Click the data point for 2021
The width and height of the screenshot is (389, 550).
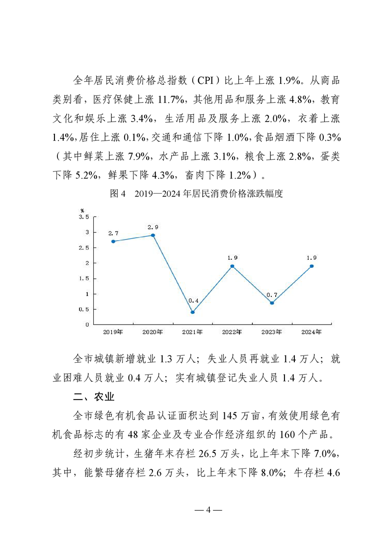[192, 312]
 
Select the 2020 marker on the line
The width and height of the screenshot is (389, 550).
[153, 235]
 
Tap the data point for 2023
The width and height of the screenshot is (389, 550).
[272, 303]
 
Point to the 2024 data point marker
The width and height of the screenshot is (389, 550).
[311, 266]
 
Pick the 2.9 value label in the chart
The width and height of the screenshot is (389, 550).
[153, 227]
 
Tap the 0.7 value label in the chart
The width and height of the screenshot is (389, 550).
[272, 295]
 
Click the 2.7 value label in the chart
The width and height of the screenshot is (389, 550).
[113, 233]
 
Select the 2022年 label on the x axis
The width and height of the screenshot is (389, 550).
[232, 332]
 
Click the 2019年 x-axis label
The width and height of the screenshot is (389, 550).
[113, 332]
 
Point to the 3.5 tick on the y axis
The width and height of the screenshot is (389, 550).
[84, 217]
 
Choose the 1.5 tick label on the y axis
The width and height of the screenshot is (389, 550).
[84, 278]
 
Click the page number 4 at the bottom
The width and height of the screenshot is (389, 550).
[208, 509]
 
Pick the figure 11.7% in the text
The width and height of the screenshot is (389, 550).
[171, 100]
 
